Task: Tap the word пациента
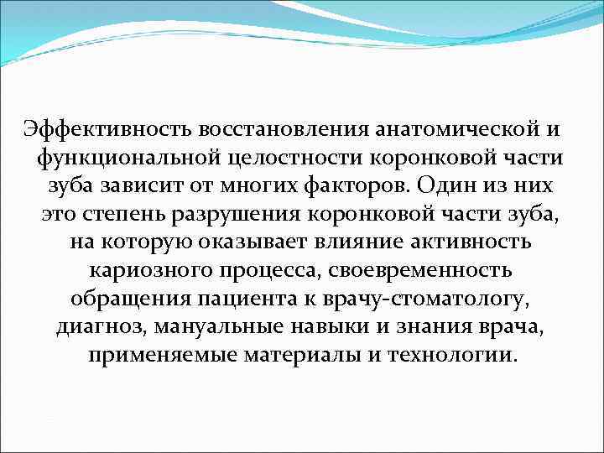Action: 253,299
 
